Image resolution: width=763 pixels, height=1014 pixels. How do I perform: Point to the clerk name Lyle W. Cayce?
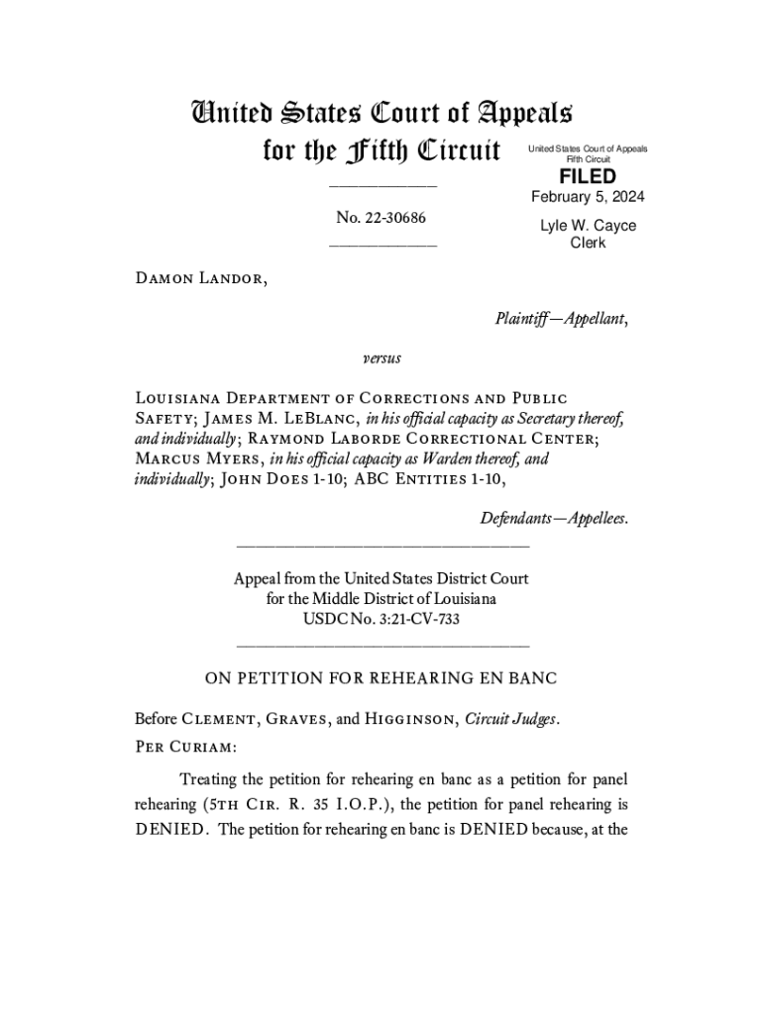588,226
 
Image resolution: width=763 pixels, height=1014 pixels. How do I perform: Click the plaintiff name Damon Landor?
200,278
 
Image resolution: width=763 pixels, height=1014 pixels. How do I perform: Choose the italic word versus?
381,356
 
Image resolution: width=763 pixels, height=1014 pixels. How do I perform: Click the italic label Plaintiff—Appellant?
560,318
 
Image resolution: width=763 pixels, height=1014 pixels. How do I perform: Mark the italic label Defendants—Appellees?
554,518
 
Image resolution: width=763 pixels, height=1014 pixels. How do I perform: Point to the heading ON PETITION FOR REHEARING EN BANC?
381,678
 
